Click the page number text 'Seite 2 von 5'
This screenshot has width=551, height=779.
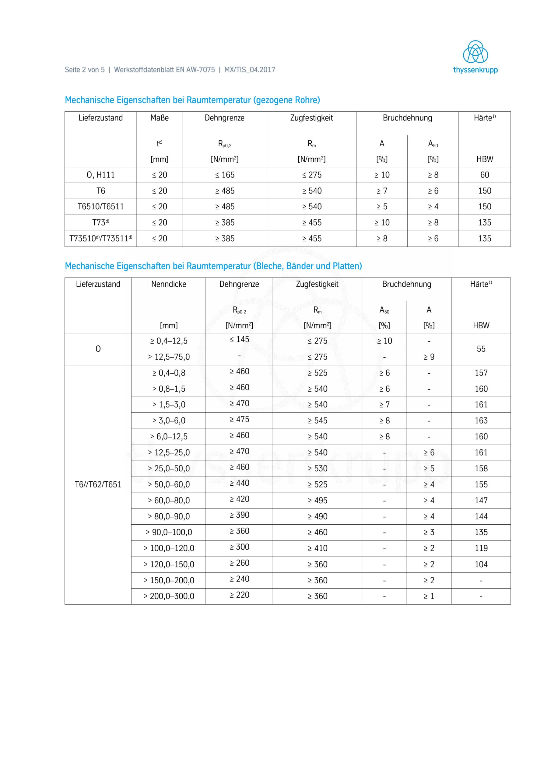coord(85,70)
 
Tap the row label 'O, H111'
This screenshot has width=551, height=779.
coord(100,175)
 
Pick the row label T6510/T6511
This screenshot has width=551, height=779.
coord(100,207)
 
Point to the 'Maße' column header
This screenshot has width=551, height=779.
coord(159,118)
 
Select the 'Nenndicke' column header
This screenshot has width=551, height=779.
coord(168,284)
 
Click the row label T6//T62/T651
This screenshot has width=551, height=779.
coord(98,484)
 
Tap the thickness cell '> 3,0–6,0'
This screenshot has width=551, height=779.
coord(168,421)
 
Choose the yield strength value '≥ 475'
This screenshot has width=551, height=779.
coord(239,420)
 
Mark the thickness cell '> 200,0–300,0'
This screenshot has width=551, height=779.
coord(168,596)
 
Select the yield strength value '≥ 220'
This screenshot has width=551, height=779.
coord(239,595)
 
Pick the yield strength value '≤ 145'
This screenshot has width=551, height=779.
coord(239,340)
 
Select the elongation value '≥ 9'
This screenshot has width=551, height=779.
coord(429,357)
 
